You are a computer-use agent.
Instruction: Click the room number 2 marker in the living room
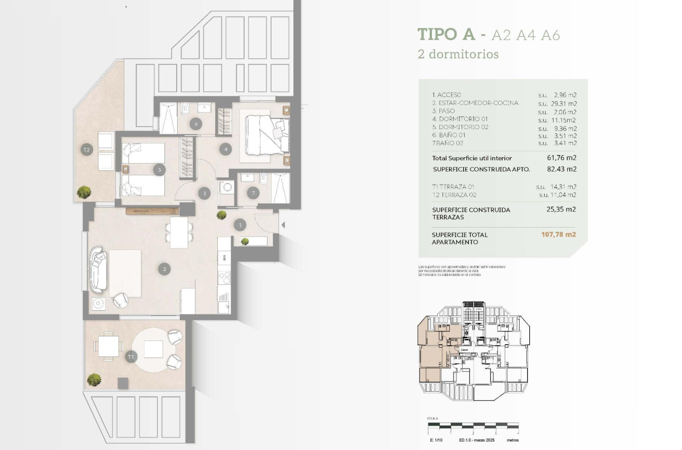click(165, 269)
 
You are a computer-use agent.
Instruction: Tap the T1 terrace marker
click(131, 358)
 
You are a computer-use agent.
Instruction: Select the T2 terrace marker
click(87, 150)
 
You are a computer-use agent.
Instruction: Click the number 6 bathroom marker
click(196, 124)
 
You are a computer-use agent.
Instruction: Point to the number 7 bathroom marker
click(253, 193)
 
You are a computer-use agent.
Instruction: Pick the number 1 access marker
click(241, 225)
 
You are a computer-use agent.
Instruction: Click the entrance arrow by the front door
click(283, 225)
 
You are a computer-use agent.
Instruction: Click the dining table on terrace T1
click(109, 347)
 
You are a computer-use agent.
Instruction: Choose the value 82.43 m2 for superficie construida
click(561, 169)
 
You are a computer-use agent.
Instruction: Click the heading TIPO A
click(446, 34)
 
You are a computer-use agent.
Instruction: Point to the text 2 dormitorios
click(458, 54)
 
